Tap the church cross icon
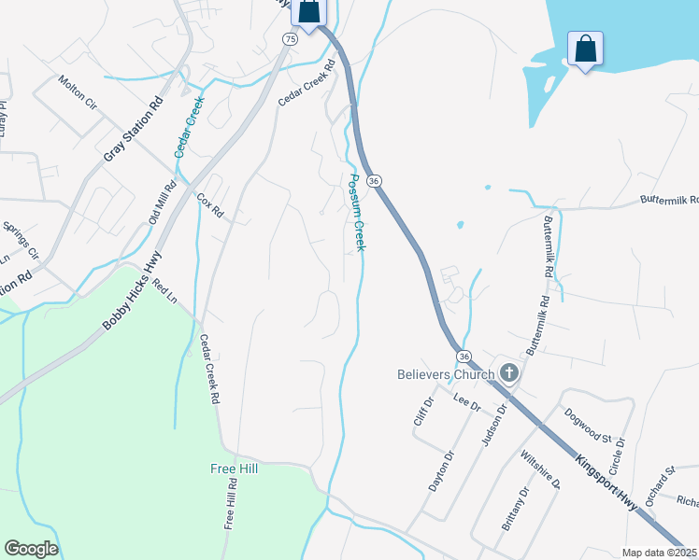click(x=509, y=374)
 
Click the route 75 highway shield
click(x=290, y=38)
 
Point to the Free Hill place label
click(x=233, y=469)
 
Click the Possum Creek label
click(x=356, y=212)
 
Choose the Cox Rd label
click(x=210, y=205)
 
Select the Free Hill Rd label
click(x=231, y=505)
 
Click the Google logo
click(x=31, y=549)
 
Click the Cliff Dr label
click(x=424, y=411)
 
